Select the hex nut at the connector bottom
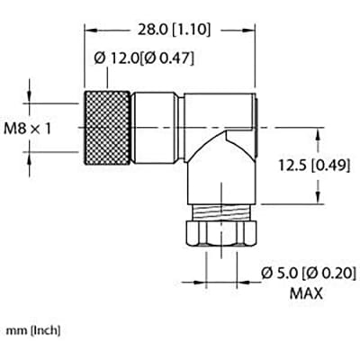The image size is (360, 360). pos(220,236)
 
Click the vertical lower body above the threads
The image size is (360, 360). pos(220,184)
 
